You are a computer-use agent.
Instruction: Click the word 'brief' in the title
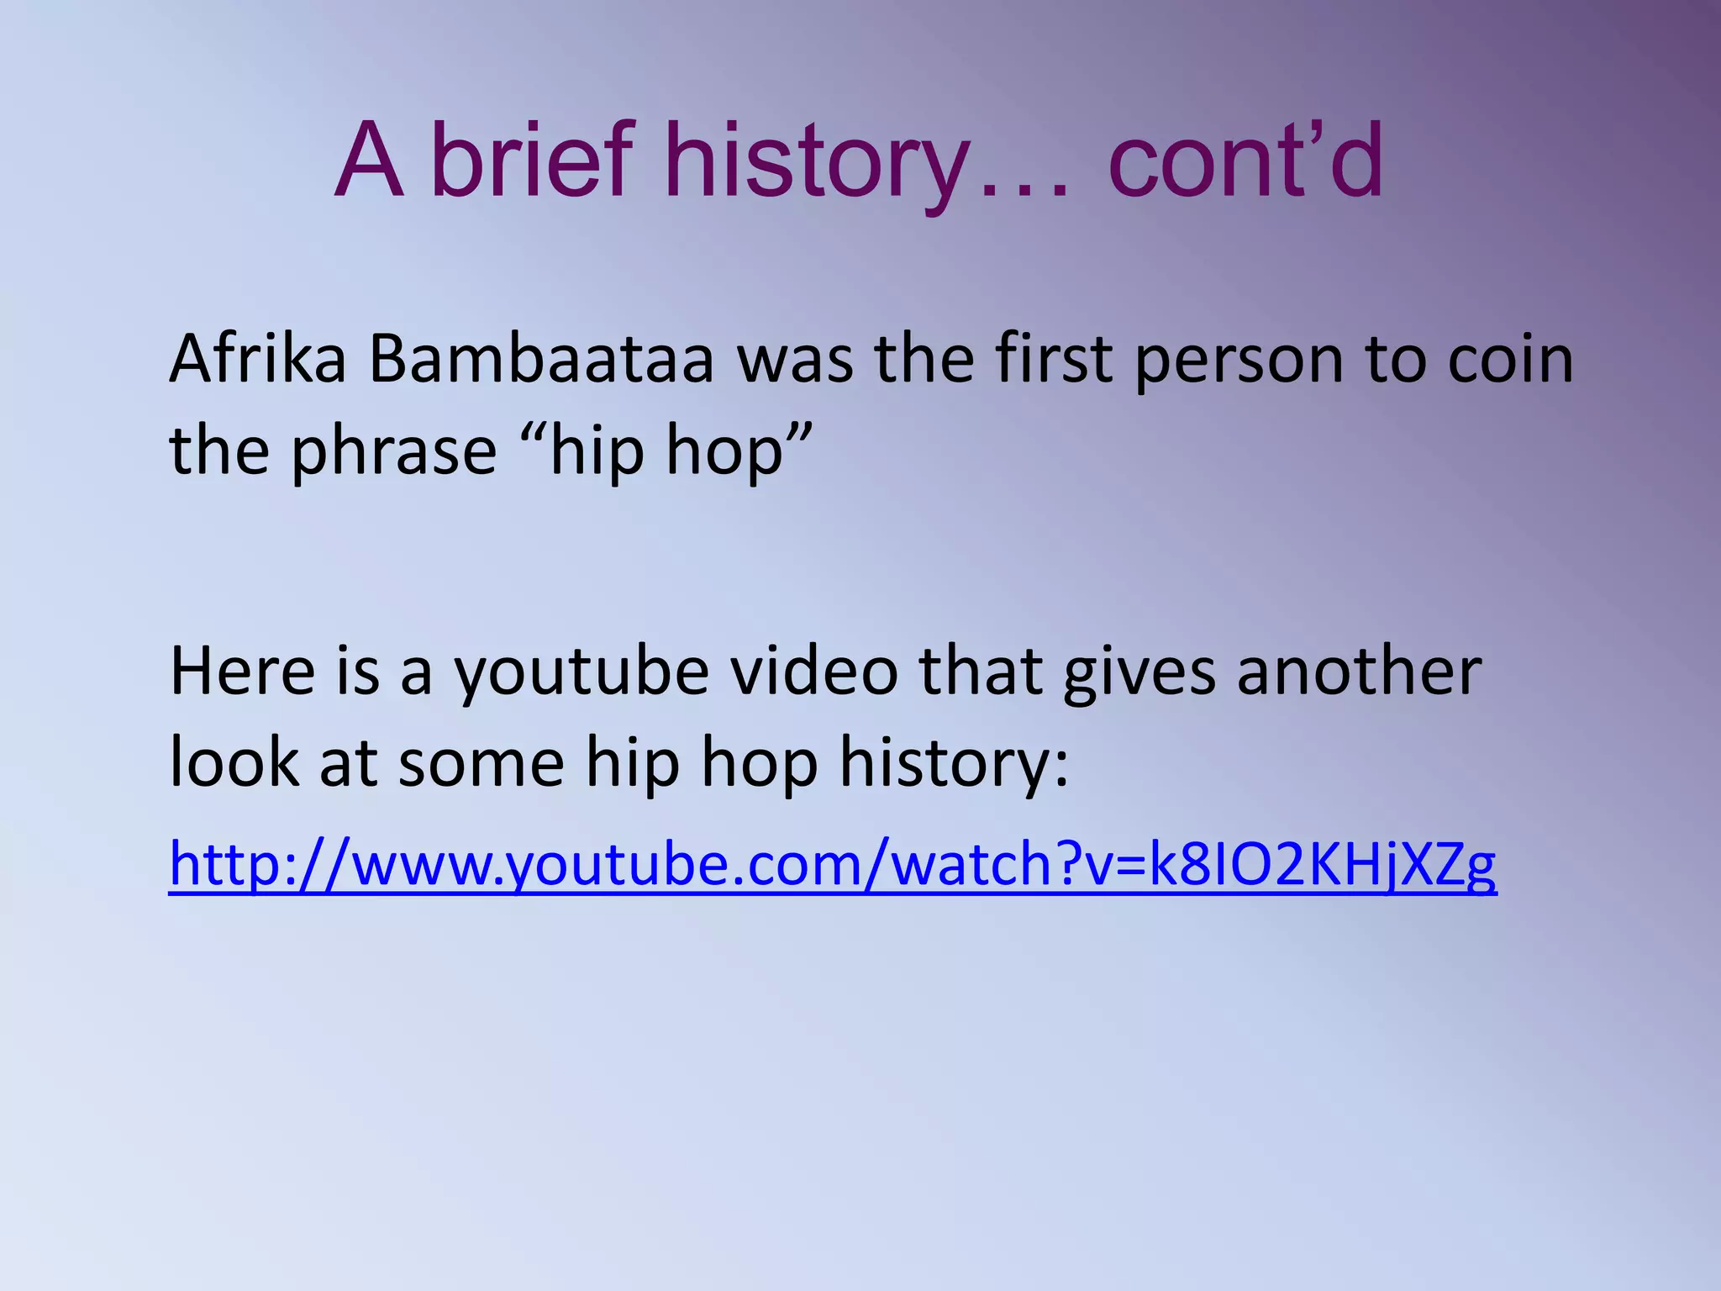tap(529, 160)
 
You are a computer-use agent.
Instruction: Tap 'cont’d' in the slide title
tap(1245, 160)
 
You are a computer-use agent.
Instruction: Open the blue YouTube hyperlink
tap(832, 866)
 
